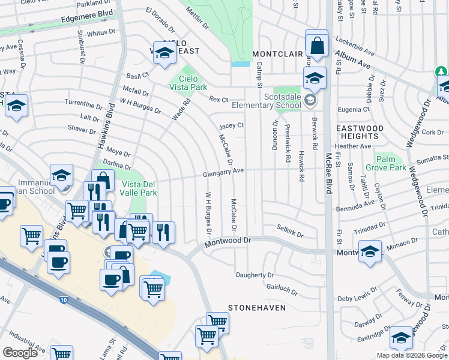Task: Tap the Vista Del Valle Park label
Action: [139, 188]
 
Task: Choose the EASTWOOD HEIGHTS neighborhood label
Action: [360, 133]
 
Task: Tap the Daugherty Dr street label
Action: [255, 275]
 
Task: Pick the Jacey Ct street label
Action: [231, 125]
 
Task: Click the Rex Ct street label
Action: [218, 99]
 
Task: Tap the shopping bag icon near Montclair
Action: [316, 44]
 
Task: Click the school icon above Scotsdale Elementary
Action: [314, 77]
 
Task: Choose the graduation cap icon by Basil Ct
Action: [164, 53]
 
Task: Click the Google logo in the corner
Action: [20, 353]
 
